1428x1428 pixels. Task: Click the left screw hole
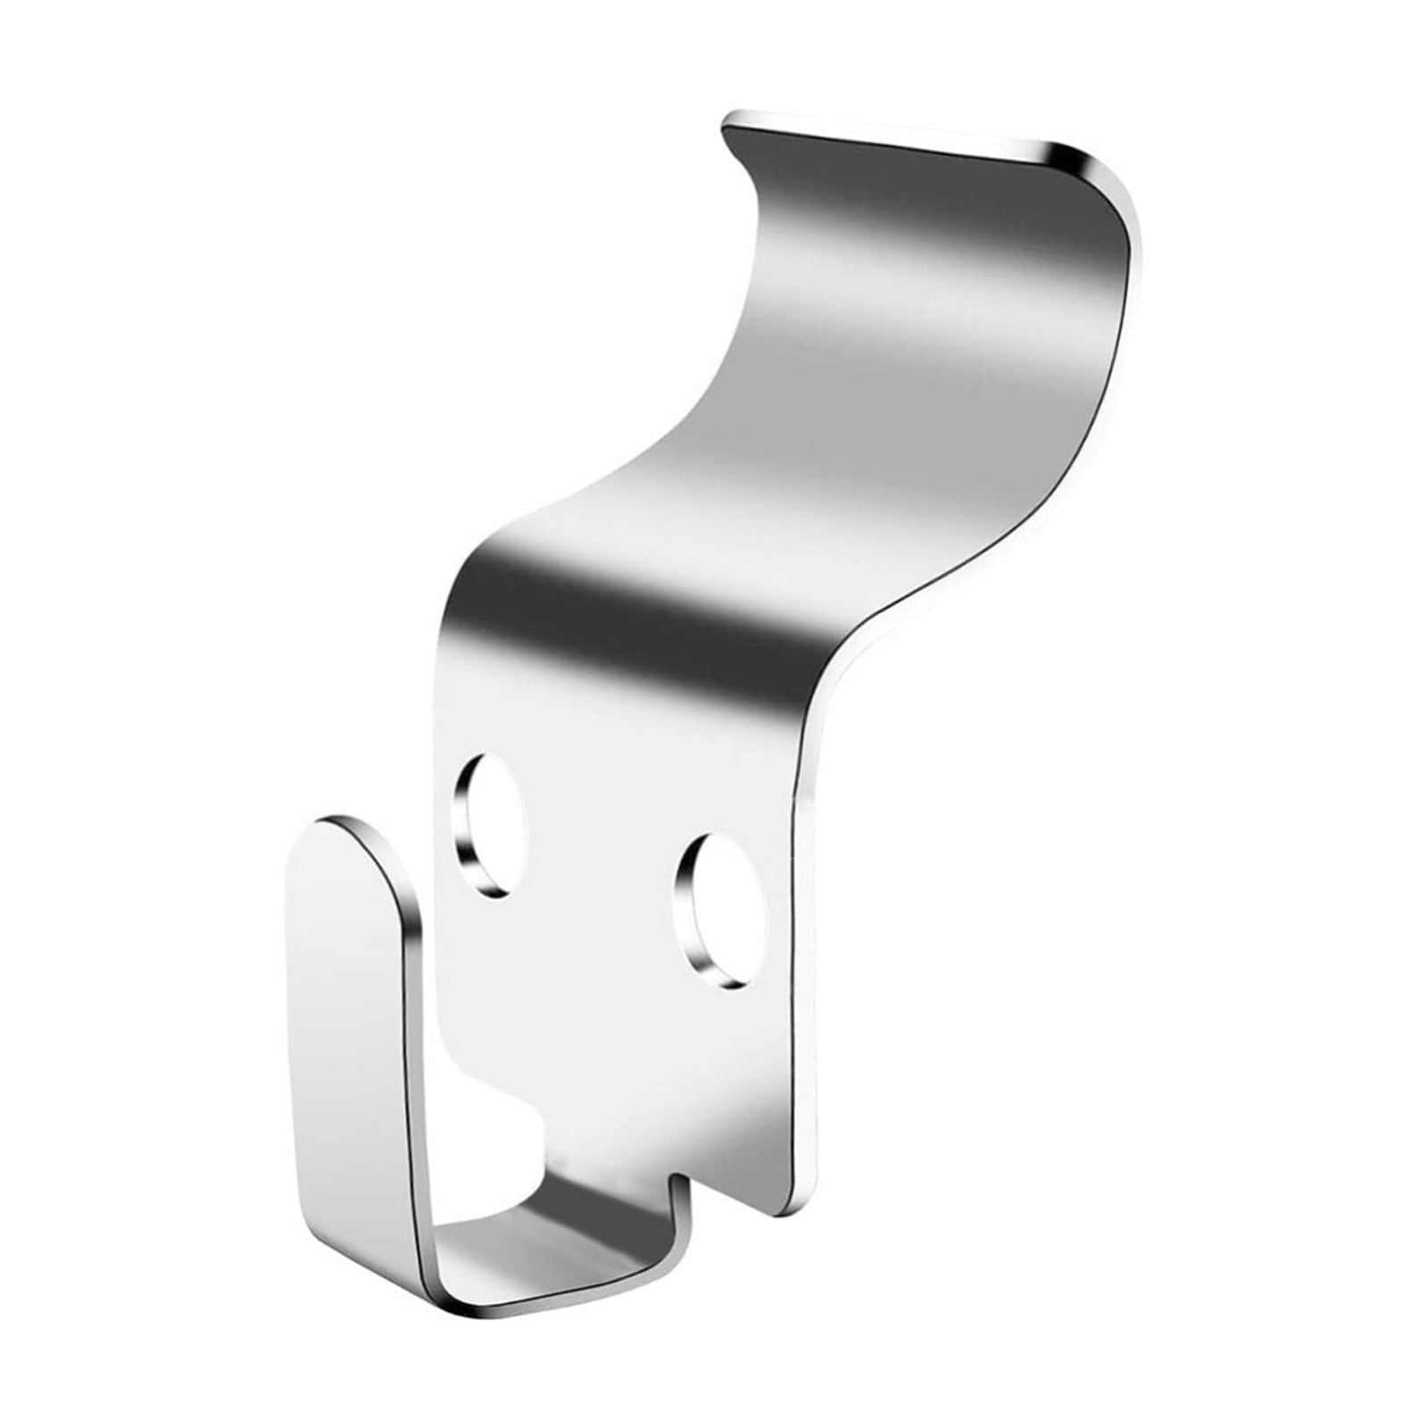coord(489,823)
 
